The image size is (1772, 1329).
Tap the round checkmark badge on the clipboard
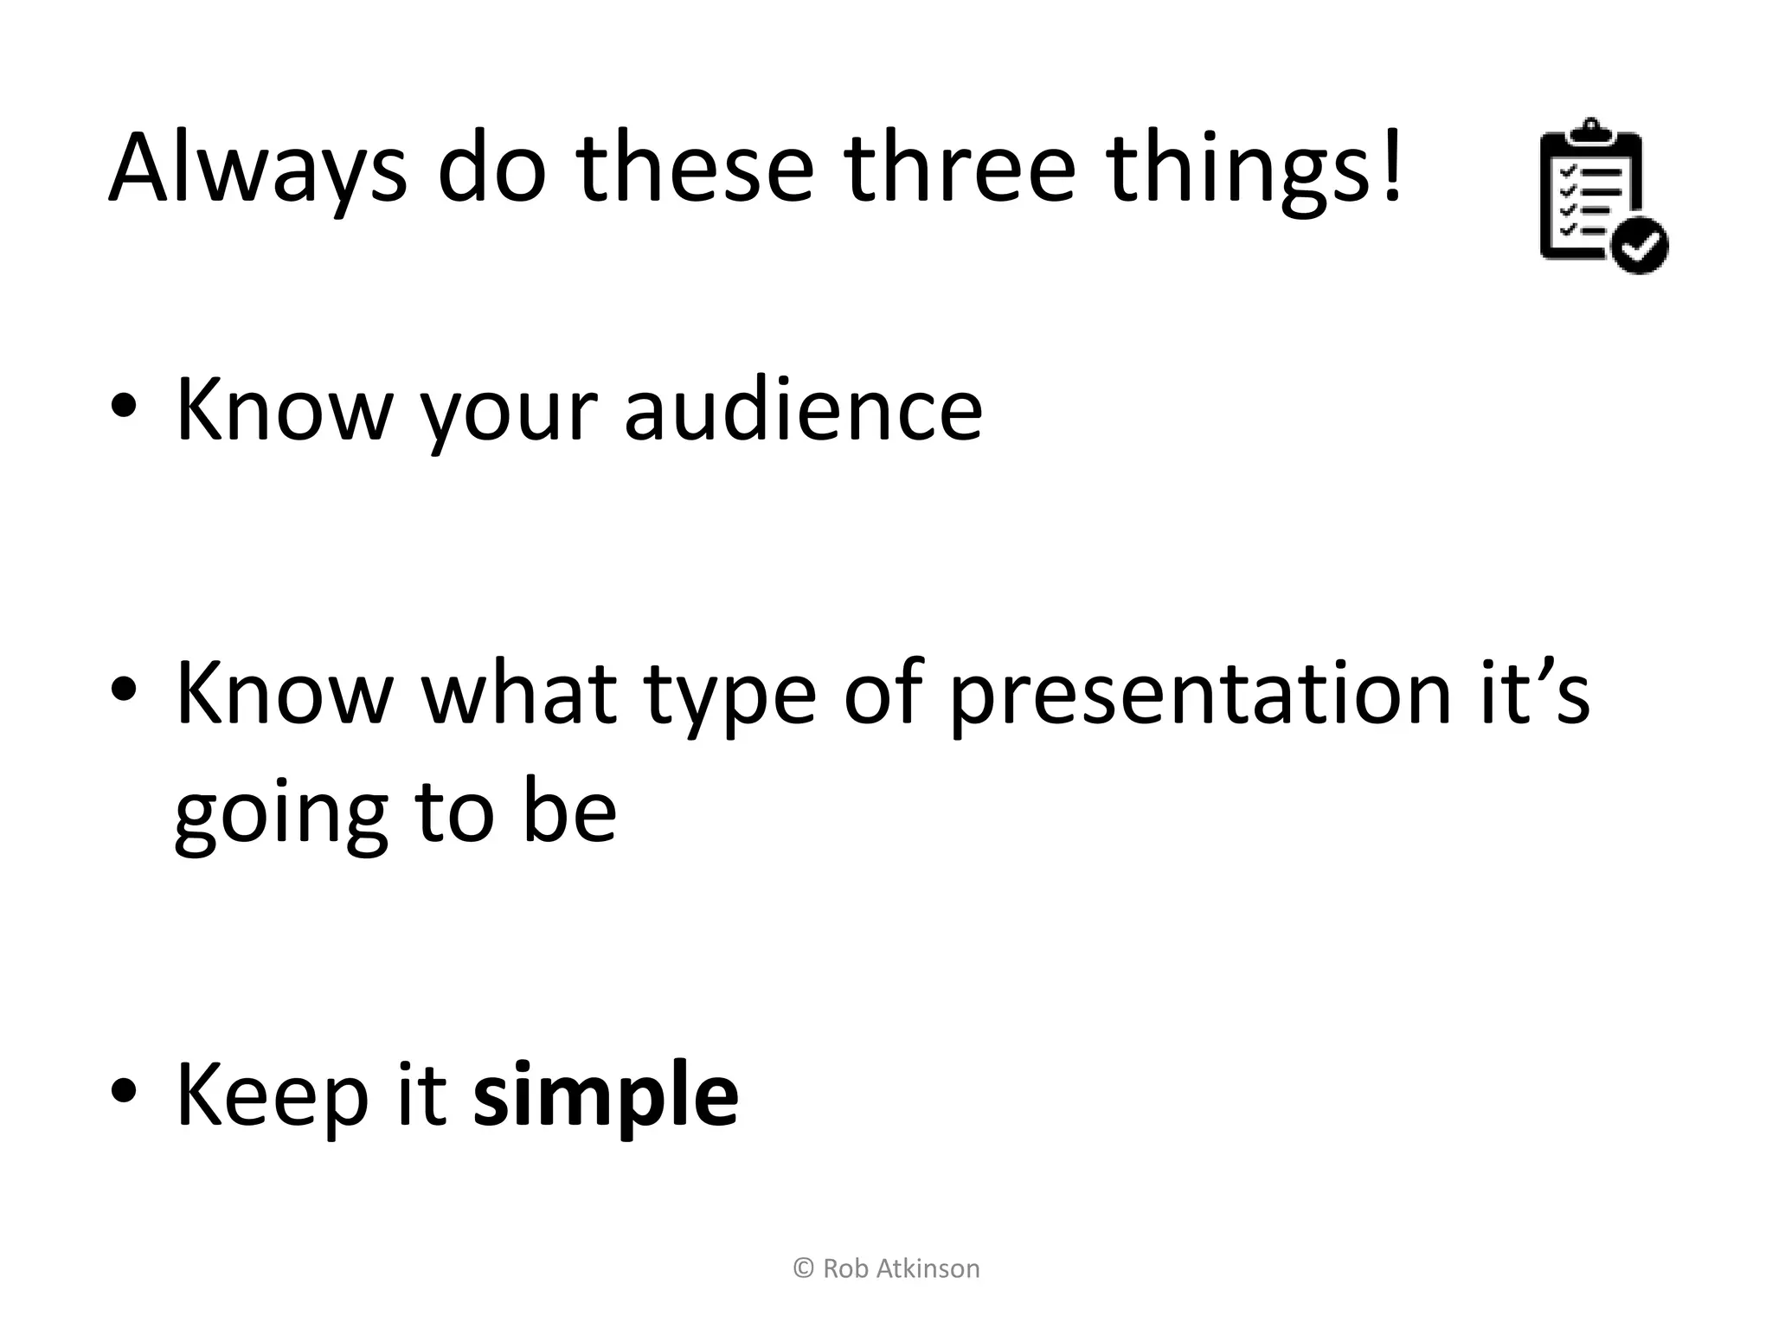point(1640,246)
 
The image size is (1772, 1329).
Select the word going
point(280,817)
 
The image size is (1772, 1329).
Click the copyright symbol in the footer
point(803,1269)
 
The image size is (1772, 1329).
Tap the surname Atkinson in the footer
point(928,1269)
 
